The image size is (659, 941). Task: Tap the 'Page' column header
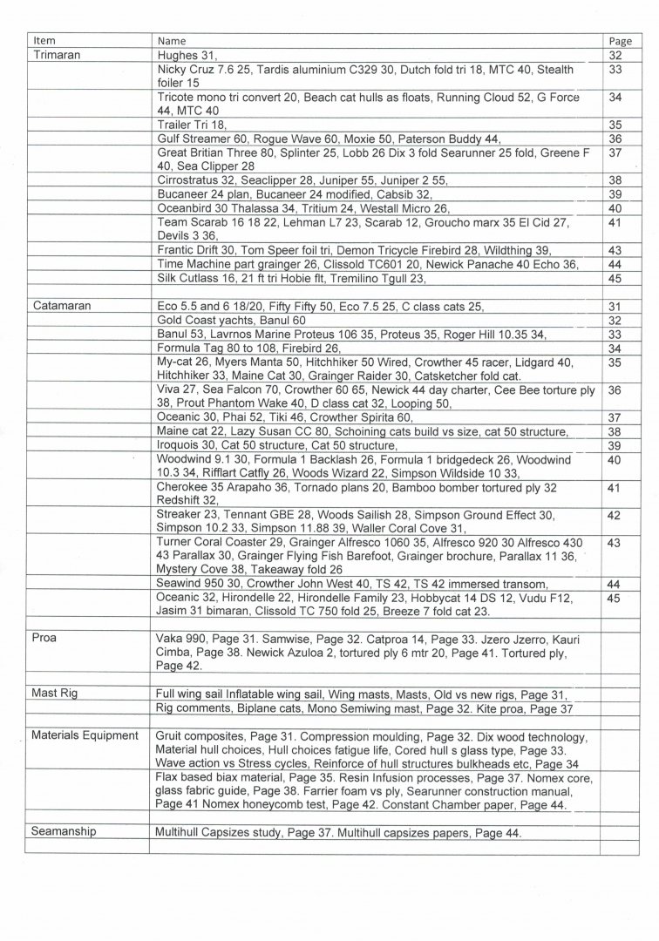click(x=620, y=40)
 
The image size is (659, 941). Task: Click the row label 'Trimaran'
click(x=57, y=53)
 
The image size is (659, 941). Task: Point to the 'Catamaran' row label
click(x=63, y=306)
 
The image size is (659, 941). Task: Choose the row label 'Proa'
click(x=44, y=639)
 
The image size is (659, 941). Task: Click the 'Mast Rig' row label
click(x=57, y=694)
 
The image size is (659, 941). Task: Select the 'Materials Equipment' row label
click(x=85, y=735)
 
